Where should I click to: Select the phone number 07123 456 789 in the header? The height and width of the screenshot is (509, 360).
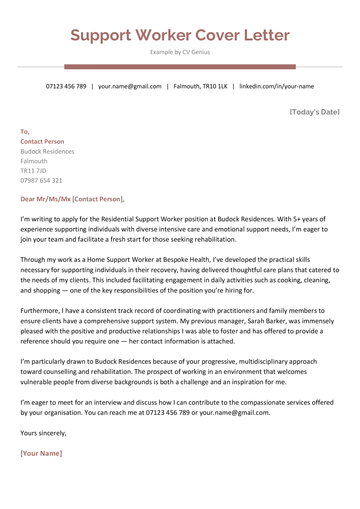point(66,86)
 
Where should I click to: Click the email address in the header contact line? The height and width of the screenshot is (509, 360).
point(130,86)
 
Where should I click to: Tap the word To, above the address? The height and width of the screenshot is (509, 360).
point(25,132)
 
